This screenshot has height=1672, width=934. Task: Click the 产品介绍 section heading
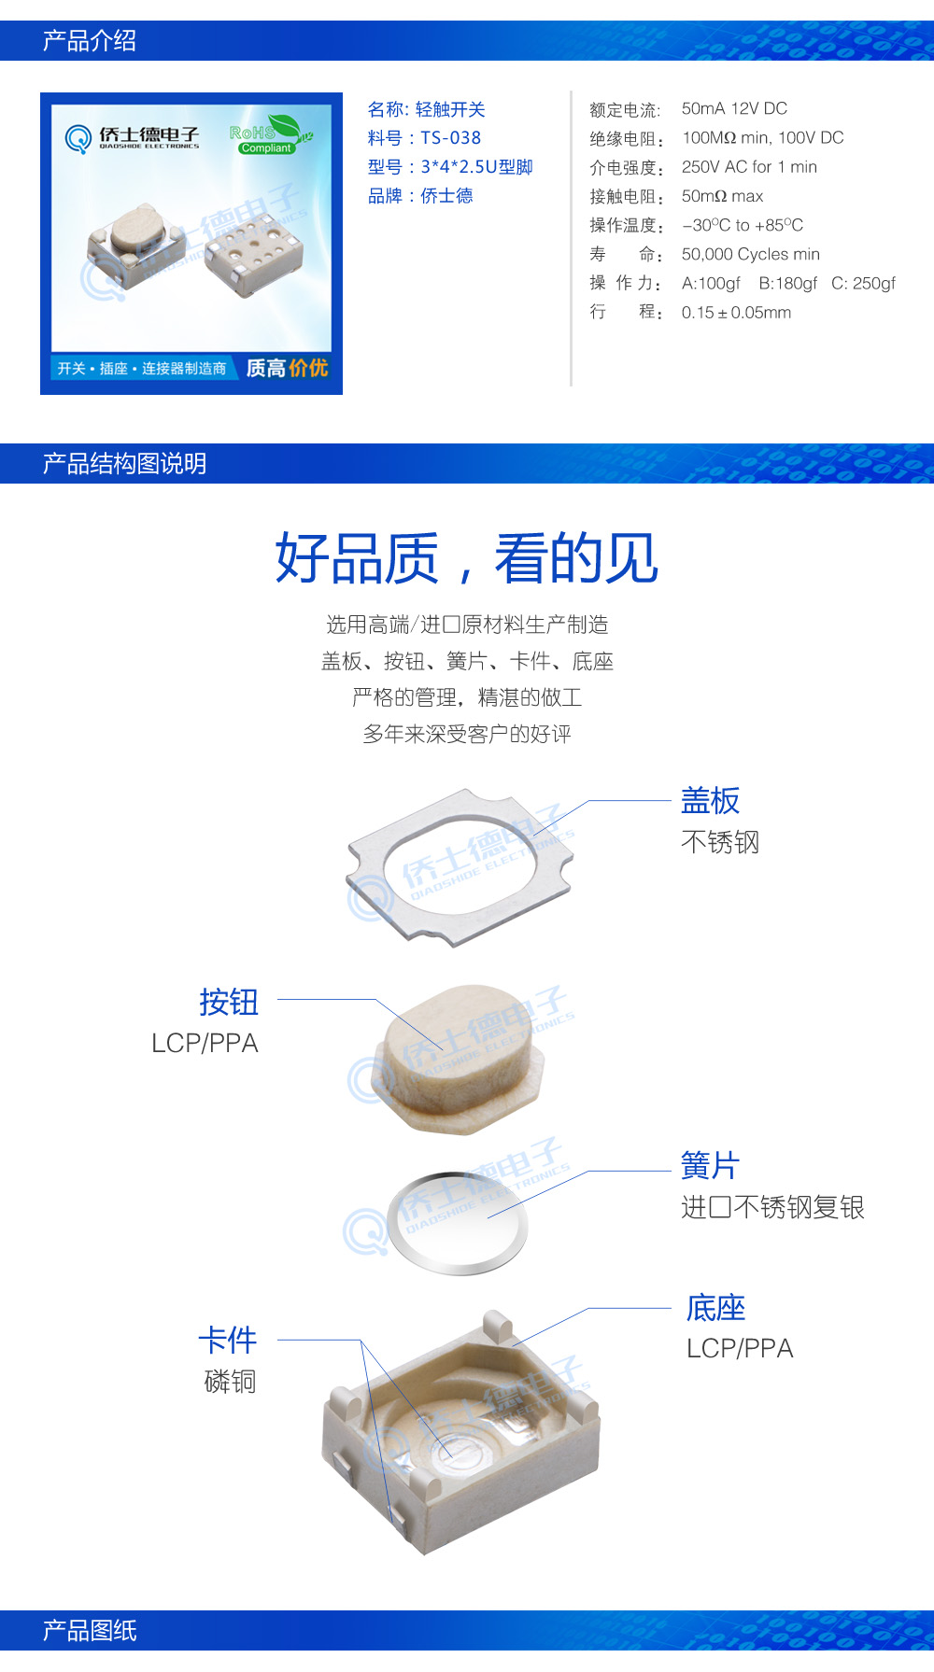click(90, 41)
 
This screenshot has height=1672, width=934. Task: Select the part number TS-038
click(450, 138)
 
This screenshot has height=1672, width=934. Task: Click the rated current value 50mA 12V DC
click(734, 108)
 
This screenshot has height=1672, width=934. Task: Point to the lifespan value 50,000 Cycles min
click(750, 254)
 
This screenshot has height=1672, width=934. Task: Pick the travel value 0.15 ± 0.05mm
click(736, 313)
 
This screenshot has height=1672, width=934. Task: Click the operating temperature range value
click(742, 225)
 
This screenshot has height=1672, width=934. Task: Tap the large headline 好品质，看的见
click(466, 558)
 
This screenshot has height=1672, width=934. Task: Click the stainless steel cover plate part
click(458, 868)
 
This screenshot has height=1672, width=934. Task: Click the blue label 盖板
click(710, 801)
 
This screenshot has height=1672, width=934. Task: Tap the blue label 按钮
click(229, 1002)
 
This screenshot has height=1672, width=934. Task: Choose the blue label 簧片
click(710, 1165)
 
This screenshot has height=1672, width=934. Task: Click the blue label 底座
click(715, 1308)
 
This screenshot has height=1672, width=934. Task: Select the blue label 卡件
click(228, 1340)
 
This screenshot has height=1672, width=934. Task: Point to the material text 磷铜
click(230, 1381)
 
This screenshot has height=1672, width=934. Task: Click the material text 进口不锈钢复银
click(772, 1207)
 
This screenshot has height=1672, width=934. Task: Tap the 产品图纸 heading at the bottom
click(90, 1631)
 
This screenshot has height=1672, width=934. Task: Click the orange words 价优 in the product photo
click(307, 368)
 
